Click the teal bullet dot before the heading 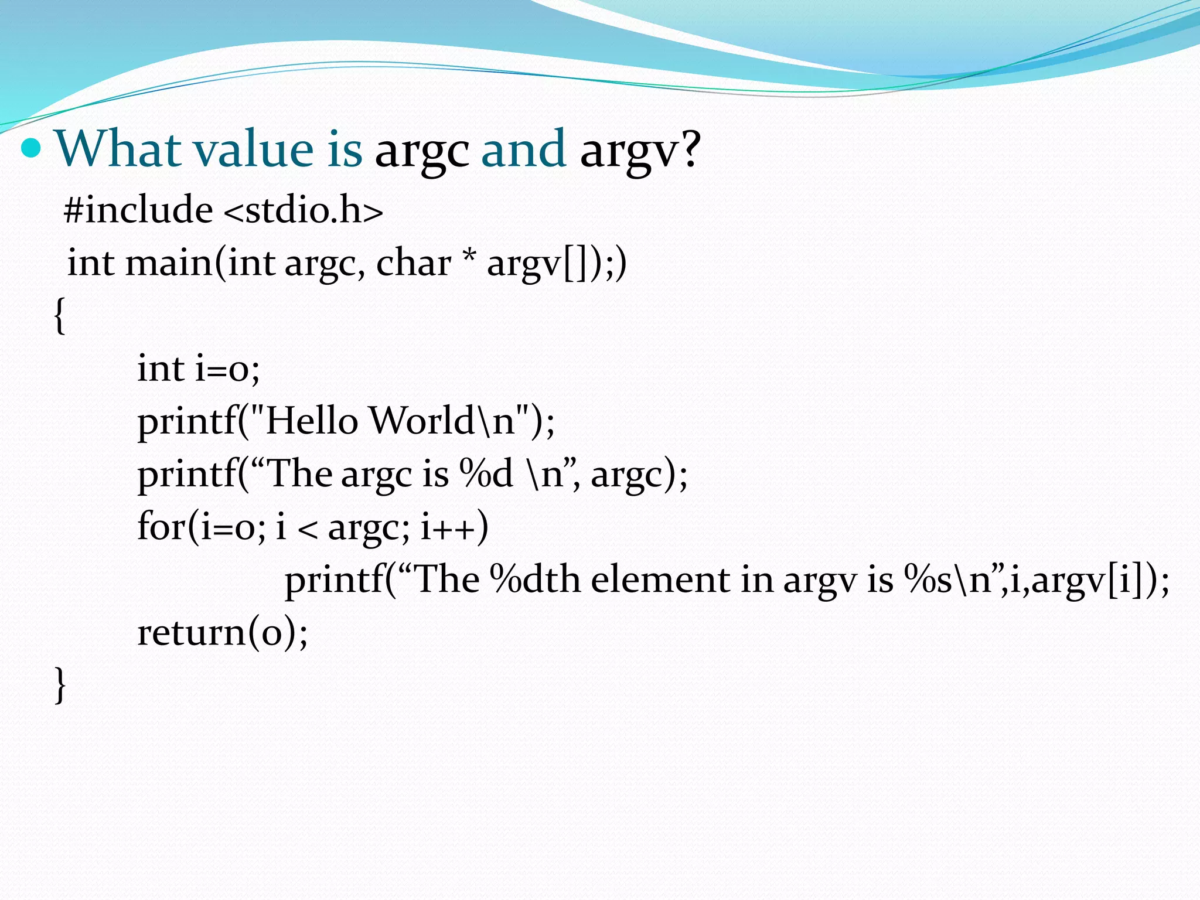point(31,149)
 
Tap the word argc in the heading point(422,151)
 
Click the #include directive point(138,210)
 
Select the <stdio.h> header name point(304,210)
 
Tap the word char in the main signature point(413,262)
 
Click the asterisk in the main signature point(468,258)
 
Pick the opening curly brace point(59,315)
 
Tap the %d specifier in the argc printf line point(486,473)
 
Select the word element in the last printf point(660,580)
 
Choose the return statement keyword point(191,633)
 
